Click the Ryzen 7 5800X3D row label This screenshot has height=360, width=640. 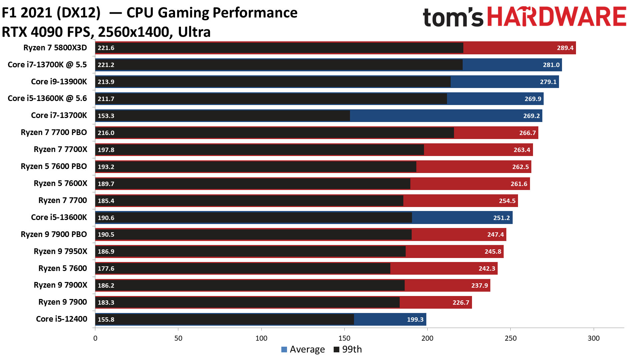(x=55, y=48)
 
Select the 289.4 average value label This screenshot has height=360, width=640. (x=565, y=48)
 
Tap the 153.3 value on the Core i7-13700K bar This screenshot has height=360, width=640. (x=106, y=116)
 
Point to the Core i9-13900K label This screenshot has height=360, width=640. (x=59, y=82)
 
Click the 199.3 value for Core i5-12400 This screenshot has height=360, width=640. (x=415, y=319)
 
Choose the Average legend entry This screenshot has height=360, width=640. (x=303, y=349)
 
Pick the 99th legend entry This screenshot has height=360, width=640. (x=348, y=349)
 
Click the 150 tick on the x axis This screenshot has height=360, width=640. (x=344, y=338)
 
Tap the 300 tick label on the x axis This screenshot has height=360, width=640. (x=593, y=338)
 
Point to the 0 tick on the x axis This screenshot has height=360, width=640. (x=95, y=338)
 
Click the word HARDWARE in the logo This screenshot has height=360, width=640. (x=557, y=17)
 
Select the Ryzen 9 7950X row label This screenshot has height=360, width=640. (x=60, y=251)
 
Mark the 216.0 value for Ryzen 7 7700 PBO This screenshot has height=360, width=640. (x=106, y=133)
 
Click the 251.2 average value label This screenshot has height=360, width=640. (x=501, y=218)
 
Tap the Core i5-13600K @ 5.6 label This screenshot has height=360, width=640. (x=47, y=98)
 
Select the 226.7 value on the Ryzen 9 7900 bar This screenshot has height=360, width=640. (x=461, y=302)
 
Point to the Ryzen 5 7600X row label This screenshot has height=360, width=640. (x=60, y=183)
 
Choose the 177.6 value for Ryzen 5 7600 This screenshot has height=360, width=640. (x=106, y=268)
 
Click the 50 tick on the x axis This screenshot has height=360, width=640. (x=178, y=338)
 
